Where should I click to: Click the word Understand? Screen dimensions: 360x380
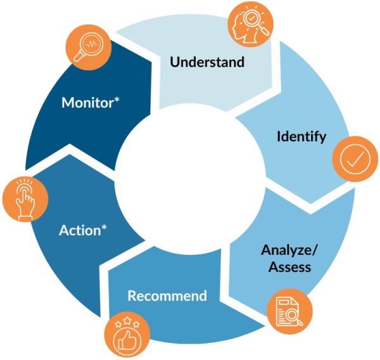tap(207, 62)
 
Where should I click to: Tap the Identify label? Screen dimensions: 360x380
tap(301, 136)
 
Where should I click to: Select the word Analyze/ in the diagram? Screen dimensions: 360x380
tap(289, 249)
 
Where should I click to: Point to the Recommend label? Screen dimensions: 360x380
tap(167, 296)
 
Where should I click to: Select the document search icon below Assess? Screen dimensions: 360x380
tap(290, 311)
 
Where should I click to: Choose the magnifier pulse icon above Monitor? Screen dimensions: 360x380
tap(89, 48)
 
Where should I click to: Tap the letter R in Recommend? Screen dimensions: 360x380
tap(132, 296)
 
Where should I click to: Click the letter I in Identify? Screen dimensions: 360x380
tap(279, 136)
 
